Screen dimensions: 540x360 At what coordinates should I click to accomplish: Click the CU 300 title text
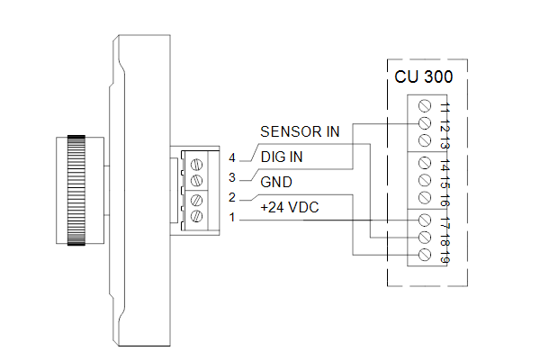(423, 76)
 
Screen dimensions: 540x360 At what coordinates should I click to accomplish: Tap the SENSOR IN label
(300, 131)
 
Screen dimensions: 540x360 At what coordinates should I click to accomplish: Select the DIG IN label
(282, 157)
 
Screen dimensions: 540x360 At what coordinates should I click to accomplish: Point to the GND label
(276, 182)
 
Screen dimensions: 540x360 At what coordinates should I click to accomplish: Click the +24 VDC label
(290, 207)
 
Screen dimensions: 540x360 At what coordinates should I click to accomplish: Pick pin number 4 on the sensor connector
(232, 157)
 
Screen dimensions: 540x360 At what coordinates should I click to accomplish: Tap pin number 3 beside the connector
(232, 178)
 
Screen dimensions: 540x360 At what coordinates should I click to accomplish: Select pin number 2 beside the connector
(232, 197)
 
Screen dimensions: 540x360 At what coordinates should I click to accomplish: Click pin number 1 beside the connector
(232, 218)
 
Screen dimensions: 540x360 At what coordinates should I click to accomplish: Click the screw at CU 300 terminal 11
(425, 106)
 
